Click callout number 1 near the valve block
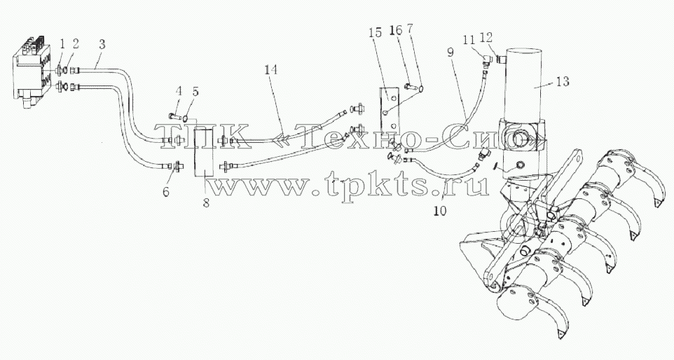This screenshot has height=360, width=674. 62,43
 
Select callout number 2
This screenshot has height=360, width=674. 76,43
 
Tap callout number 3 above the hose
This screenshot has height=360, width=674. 102,44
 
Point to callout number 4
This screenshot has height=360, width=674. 179,91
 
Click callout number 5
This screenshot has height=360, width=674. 195,91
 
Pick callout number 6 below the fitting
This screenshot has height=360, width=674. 165,192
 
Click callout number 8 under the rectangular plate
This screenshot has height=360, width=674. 206,203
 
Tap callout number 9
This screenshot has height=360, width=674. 450,53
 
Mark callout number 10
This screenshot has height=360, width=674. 441,211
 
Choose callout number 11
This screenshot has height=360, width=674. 469,39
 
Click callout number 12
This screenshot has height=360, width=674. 486,38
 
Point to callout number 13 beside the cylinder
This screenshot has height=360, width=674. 563,81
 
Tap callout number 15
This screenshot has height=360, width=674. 375,33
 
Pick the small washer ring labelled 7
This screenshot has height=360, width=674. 420,89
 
